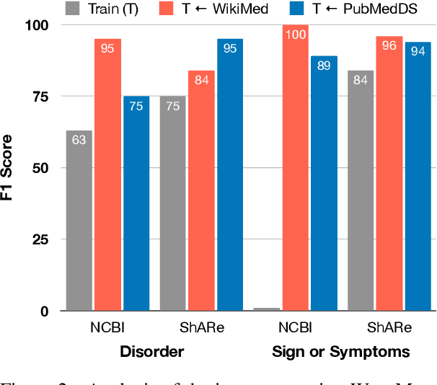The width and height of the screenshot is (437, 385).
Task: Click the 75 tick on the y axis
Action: click(x=40, y=97)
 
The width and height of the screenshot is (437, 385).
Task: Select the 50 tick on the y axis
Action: click(x=40, y=168)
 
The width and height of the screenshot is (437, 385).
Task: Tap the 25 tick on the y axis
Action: click(x=40, y=239)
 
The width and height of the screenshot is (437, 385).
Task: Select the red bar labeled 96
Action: click(x=389, y=174)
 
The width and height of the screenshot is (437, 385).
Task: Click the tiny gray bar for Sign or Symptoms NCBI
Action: click(x=267, y=309)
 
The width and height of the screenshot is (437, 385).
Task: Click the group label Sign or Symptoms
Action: click(x=340, y=352)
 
